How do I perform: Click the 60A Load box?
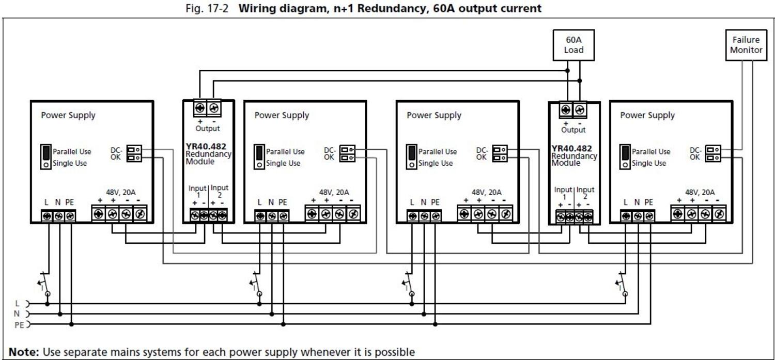coord(574,45)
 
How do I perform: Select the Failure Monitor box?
coord(746,45)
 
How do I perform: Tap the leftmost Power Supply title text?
coord(68,115)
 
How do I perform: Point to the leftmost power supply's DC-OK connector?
coord(134,153)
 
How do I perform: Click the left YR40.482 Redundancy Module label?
coord(208,154)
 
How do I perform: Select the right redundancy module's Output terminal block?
coord(572,110)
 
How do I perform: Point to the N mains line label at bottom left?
coord(17,314)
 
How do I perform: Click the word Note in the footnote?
coord(23,352)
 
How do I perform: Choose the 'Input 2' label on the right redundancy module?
coord(585,193)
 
